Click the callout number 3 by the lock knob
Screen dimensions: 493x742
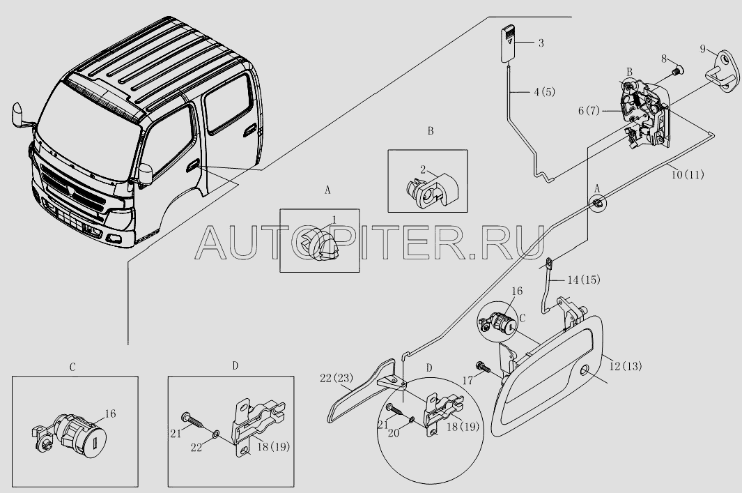pos(541,43)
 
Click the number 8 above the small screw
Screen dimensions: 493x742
pos(664,60)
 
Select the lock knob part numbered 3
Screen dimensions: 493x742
pos(509,43)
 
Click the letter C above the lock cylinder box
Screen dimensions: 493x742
pos(72,366)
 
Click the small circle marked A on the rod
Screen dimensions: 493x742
pos(598,203)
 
